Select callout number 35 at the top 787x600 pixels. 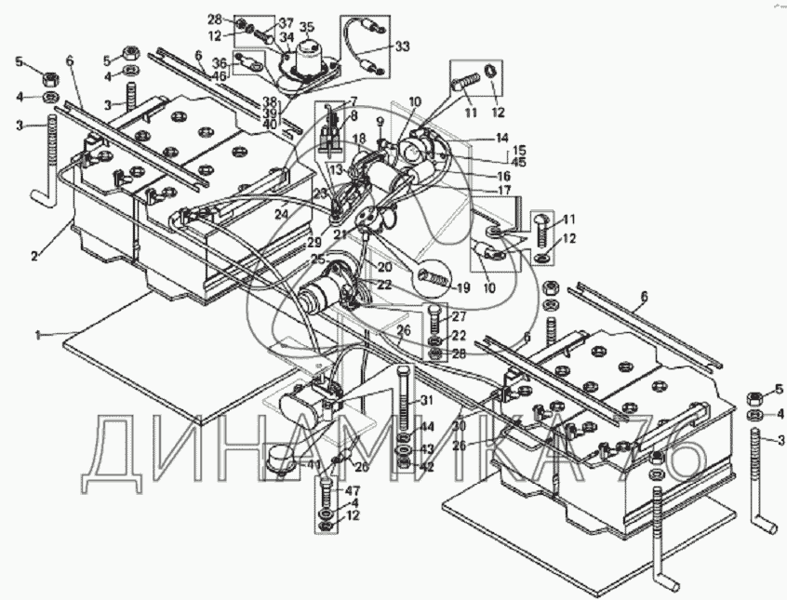tap(307, 27)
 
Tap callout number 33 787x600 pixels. tap(401, 46)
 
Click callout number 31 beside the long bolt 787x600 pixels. tap(428, 401)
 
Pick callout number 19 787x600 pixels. tap(462, 287)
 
